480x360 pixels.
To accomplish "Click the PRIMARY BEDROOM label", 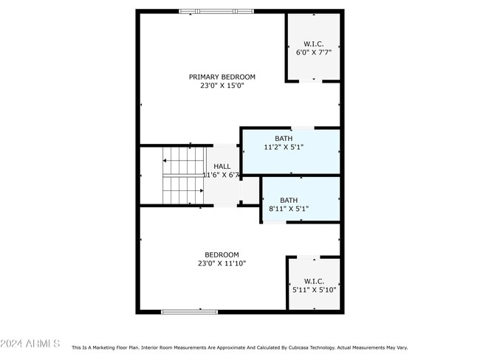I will tap(222, 77).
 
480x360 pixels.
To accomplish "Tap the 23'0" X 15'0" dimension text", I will tap(222, 86).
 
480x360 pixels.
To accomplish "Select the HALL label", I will tap(222, 167).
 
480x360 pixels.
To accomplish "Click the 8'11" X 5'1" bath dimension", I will tap(289, 209).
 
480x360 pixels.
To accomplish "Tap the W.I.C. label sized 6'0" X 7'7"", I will tap(313, 44).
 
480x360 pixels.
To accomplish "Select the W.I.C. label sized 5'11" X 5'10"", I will tap(313, 281).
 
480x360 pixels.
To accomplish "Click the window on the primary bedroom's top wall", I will tap(216, 11).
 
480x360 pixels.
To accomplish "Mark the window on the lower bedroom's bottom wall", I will tap(189, 311).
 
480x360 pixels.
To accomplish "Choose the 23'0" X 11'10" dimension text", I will tap(222, 263).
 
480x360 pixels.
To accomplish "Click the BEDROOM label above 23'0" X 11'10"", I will tap(222, 255).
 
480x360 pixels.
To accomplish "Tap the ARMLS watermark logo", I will tap(30, 344).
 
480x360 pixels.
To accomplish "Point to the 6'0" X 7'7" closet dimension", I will tap(313, 52).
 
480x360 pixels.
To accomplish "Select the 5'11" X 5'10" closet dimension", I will tap(313, 290).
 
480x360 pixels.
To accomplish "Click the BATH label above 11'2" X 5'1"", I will tap(284, 138).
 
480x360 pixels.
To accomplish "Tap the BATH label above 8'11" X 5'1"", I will tap(289, 200).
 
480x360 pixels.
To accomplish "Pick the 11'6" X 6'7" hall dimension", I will tap(222, 176).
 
